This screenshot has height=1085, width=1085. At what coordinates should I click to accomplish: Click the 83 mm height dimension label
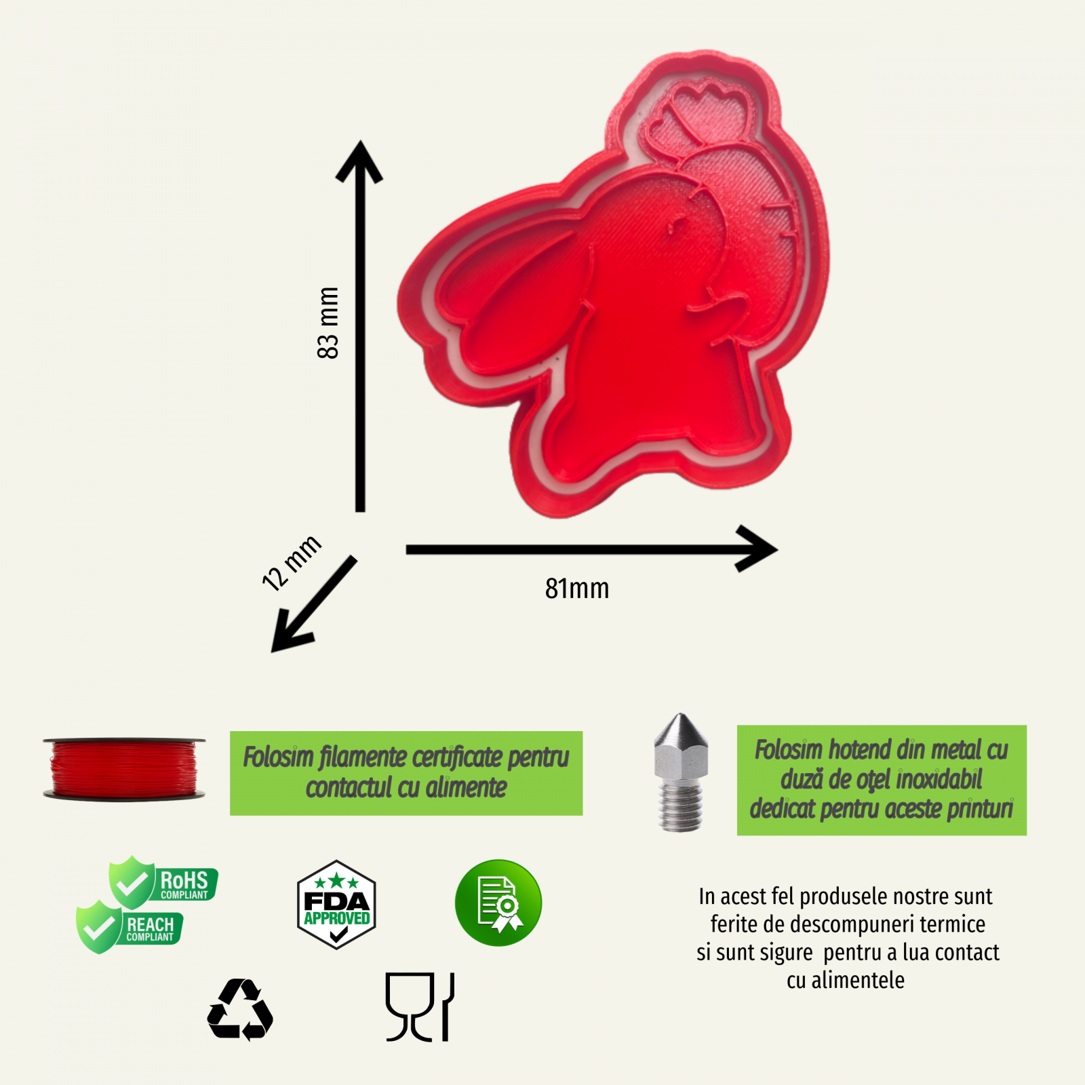click(x=328, y=323)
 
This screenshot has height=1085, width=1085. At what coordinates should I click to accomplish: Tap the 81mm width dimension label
click(x=577, y=589)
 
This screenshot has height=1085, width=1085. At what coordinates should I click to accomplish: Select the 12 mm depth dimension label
click(x=291, y=563)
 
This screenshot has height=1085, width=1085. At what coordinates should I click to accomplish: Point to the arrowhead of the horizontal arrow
click(x=759, y=549)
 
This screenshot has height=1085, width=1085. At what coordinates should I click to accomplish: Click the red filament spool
click(x=124, y=769)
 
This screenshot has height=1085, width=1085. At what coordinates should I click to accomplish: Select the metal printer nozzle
click(x=681, y=772)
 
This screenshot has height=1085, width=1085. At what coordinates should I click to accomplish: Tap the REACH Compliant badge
click(x=130, y=927)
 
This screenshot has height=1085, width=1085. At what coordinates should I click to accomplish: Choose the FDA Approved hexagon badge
click(x=336, y=905)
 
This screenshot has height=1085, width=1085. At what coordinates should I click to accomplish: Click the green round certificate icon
click(x=498, y=903)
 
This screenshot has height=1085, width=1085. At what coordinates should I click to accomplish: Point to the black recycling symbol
click(x=240, y=1010)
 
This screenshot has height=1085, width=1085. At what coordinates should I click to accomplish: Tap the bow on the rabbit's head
click(x=698, y=119)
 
